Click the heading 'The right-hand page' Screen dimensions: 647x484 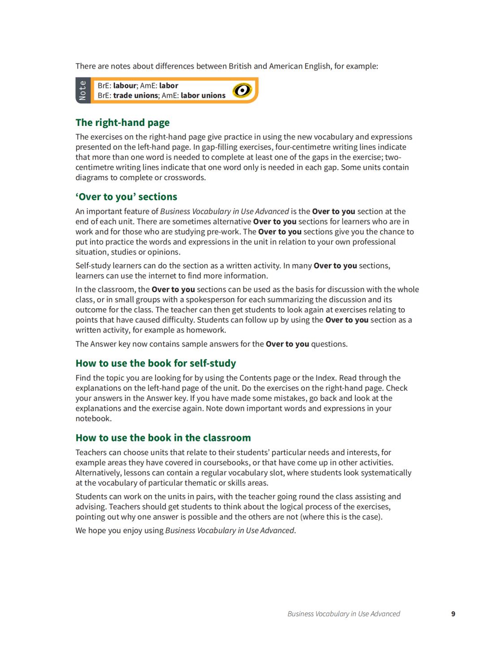pyautogui.click(x=122, y=123)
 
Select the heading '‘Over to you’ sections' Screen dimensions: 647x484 pyautogui.click(x=126, y=197)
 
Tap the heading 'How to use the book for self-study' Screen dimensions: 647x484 pyautogui.click(x=156, y=363)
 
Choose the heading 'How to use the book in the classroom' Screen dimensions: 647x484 pyautogui.click(x=163, y=438)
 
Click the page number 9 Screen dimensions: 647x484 pyautogui.click(x=453, y=614)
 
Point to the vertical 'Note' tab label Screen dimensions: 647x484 pyautogui.click(x=82, y=91)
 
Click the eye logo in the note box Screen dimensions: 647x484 pyautogui.click(x=242, y=91)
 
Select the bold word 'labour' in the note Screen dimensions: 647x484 pyautogui.click(x=125, y=86)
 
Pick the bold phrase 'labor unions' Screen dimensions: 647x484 pyautogui.click(x=203, y=95)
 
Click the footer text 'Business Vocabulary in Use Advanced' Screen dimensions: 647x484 pyautogui.click(x=344, y=614)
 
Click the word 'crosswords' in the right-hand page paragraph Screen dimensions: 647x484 pyautogui.click(x=185, y=177)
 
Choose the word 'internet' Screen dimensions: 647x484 pyautogui.click(x=149, y=276)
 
